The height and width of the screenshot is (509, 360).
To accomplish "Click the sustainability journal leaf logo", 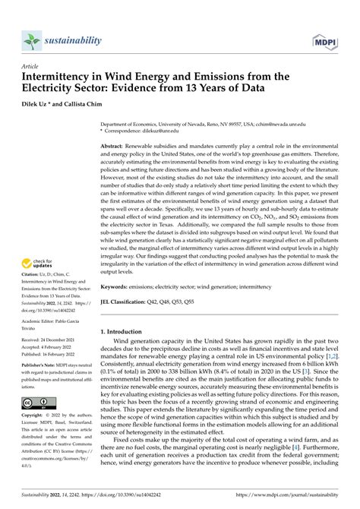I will [x=30, y=40].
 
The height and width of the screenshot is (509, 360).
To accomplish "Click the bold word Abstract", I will [x=116, y=145].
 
